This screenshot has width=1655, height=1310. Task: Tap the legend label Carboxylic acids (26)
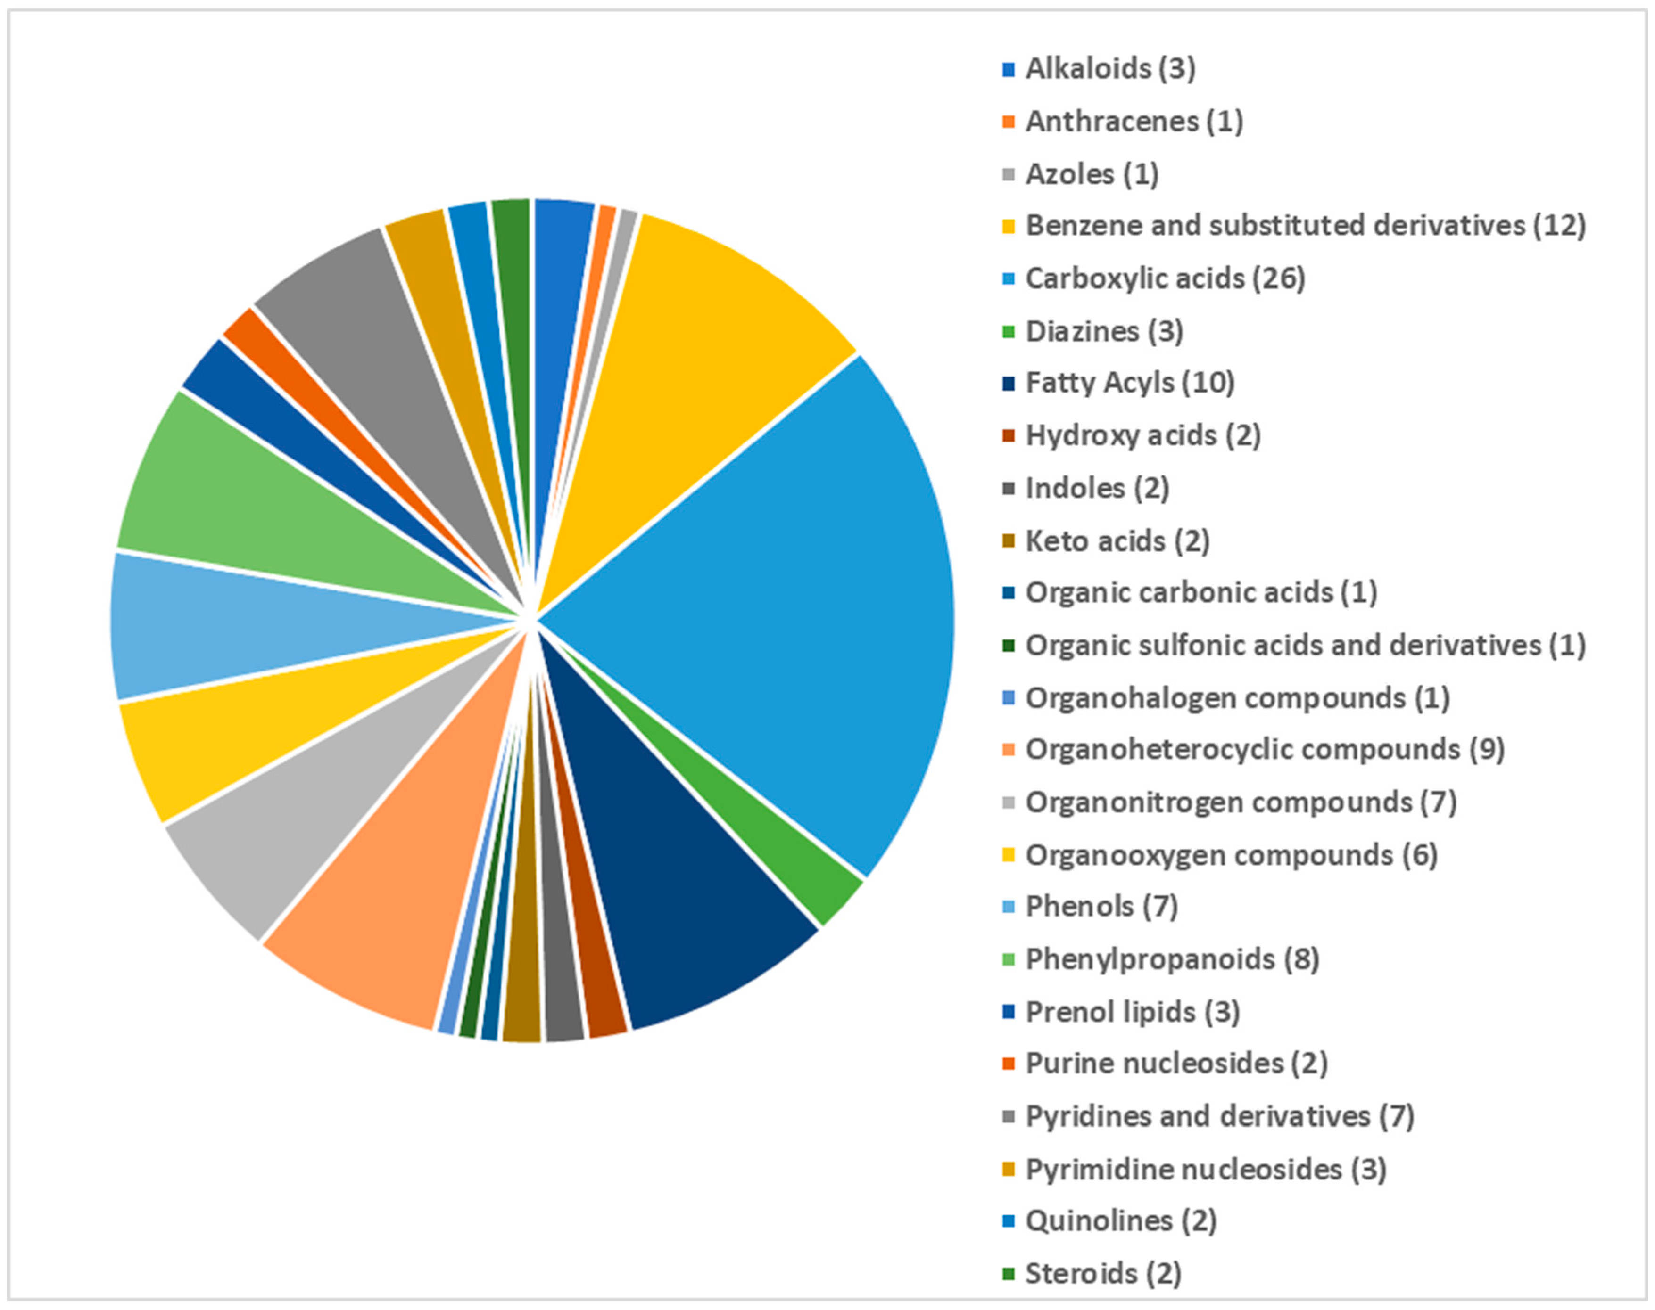point(1165,278)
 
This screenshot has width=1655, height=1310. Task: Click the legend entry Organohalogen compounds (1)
point(1237,698)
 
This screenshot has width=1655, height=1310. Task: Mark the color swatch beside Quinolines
point(1009,1221)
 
